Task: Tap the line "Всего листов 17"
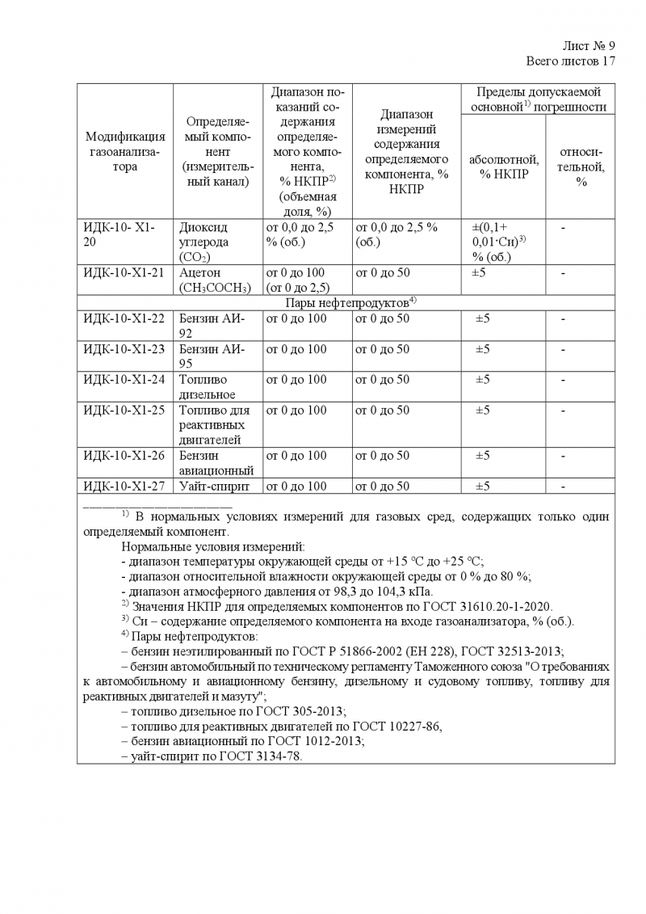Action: [571, 61]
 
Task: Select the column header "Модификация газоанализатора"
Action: [125, 151]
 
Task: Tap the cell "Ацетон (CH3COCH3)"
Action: [215, 280]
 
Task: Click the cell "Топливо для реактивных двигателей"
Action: [215, 424]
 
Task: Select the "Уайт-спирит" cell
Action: [215, 486]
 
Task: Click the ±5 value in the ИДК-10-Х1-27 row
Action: [482, 486]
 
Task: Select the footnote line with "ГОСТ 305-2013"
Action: [233, 711]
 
